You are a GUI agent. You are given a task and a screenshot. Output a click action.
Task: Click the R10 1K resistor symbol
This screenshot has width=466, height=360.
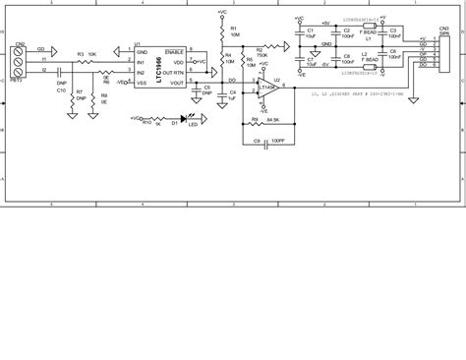point(126,122)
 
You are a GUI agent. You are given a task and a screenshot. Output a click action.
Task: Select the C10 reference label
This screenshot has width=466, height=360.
point(60,90)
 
